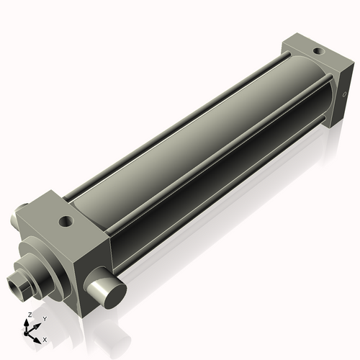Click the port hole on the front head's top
point(66,220)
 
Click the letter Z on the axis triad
point(29,315)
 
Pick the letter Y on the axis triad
point(45,318)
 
